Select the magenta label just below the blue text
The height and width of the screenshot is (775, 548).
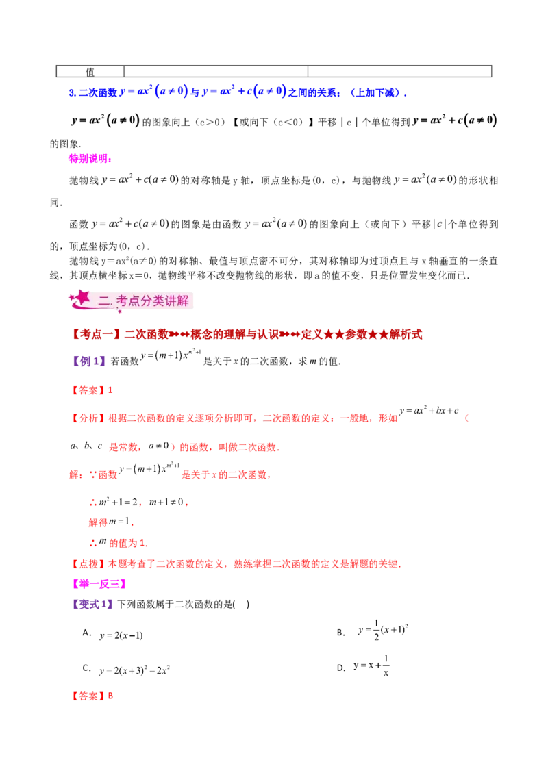(89, 158)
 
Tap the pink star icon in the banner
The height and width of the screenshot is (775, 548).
(82, 297)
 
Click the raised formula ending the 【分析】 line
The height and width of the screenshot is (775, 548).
(430, 411)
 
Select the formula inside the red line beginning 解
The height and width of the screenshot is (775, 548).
(149, 470)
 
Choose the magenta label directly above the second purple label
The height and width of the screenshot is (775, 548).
(99, 584)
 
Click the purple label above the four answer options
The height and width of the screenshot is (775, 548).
(92, 605)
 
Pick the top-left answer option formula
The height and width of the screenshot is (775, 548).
(120, 636)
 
